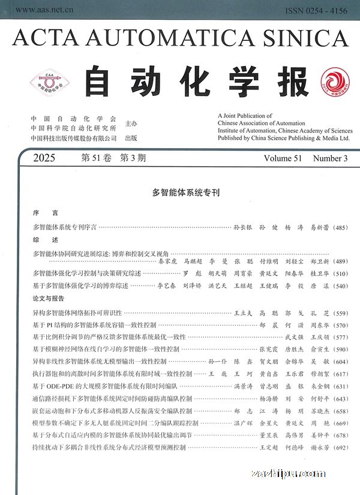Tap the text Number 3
point(330,158)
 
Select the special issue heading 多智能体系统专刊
point(186,193)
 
